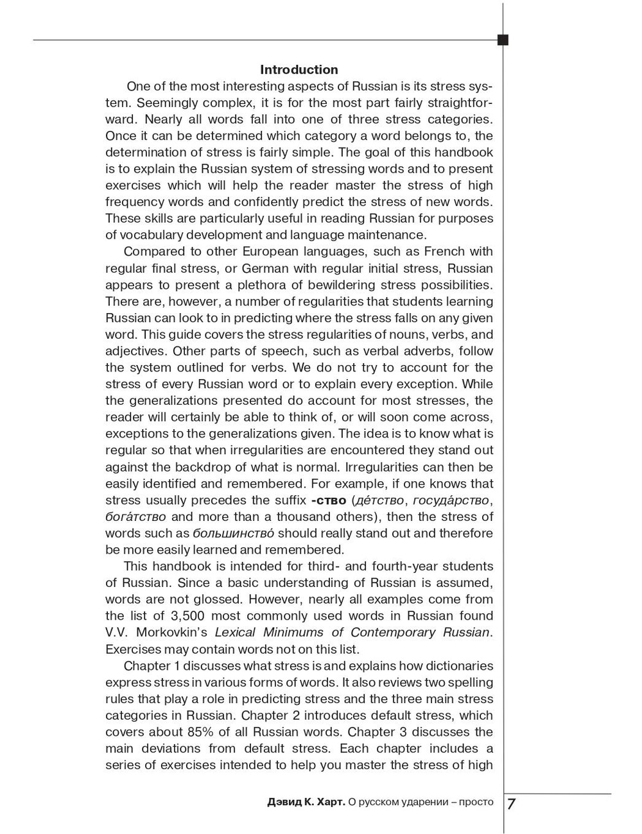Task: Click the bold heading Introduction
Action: (x=299, y=70)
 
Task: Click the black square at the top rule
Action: (x=503, y=40)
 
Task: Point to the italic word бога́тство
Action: (x=135, y=517)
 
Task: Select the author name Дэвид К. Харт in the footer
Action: (x=306, y=803)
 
